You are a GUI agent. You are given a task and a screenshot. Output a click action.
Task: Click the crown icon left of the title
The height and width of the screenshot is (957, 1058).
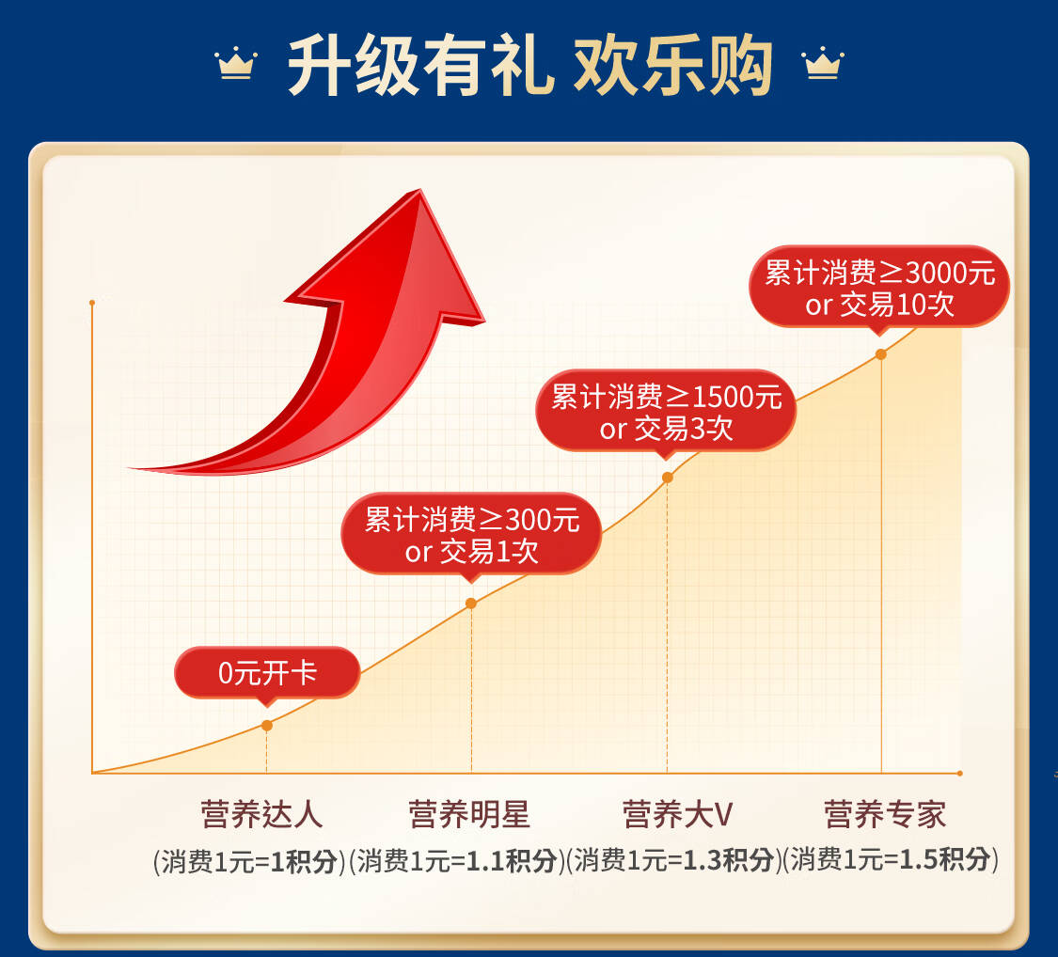point(235,63)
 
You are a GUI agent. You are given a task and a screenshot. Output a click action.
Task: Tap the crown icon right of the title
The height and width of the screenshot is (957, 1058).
point(823,63)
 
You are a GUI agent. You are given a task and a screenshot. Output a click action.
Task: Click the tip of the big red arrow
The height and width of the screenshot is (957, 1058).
point(419,190)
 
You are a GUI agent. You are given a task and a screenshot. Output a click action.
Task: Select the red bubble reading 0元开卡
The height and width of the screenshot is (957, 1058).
point(267,673)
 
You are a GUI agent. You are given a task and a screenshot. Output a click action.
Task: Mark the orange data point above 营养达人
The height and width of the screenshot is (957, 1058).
point(267,726)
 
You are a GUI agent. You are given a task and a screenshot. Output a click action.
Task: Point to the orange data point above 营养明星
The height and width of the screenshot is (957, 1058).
point(471,603)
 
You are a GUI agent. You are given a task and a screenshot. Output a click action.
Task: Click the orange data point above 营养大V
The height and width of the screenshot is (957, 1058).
point(668,478)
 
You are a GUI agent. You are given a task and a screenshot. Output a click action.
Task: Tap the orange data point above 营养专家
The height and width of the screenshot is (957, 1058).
point(880,354)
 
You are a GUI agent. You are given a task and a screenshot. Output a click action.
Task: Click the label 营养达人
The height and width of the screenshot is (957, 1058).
point(261,814)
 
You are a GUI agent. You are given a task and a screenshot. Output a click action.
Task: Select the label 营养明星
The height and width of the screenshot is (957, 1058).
point(469,814)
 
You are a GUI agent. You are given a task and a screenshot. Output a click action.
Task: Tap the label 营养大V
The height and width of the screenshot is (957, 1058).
point(677,814)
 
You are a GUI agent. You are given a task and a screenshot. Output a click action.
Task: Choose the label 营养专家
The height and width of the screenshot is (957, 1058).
point(885,814)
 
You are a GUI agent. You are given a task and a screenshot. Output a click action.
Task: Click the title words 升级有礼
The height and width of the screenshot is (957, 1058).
point(421,66)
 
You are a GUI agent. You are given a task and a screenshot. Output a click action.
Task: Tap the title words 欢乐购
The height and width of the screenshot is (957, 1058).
point(673,66)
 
